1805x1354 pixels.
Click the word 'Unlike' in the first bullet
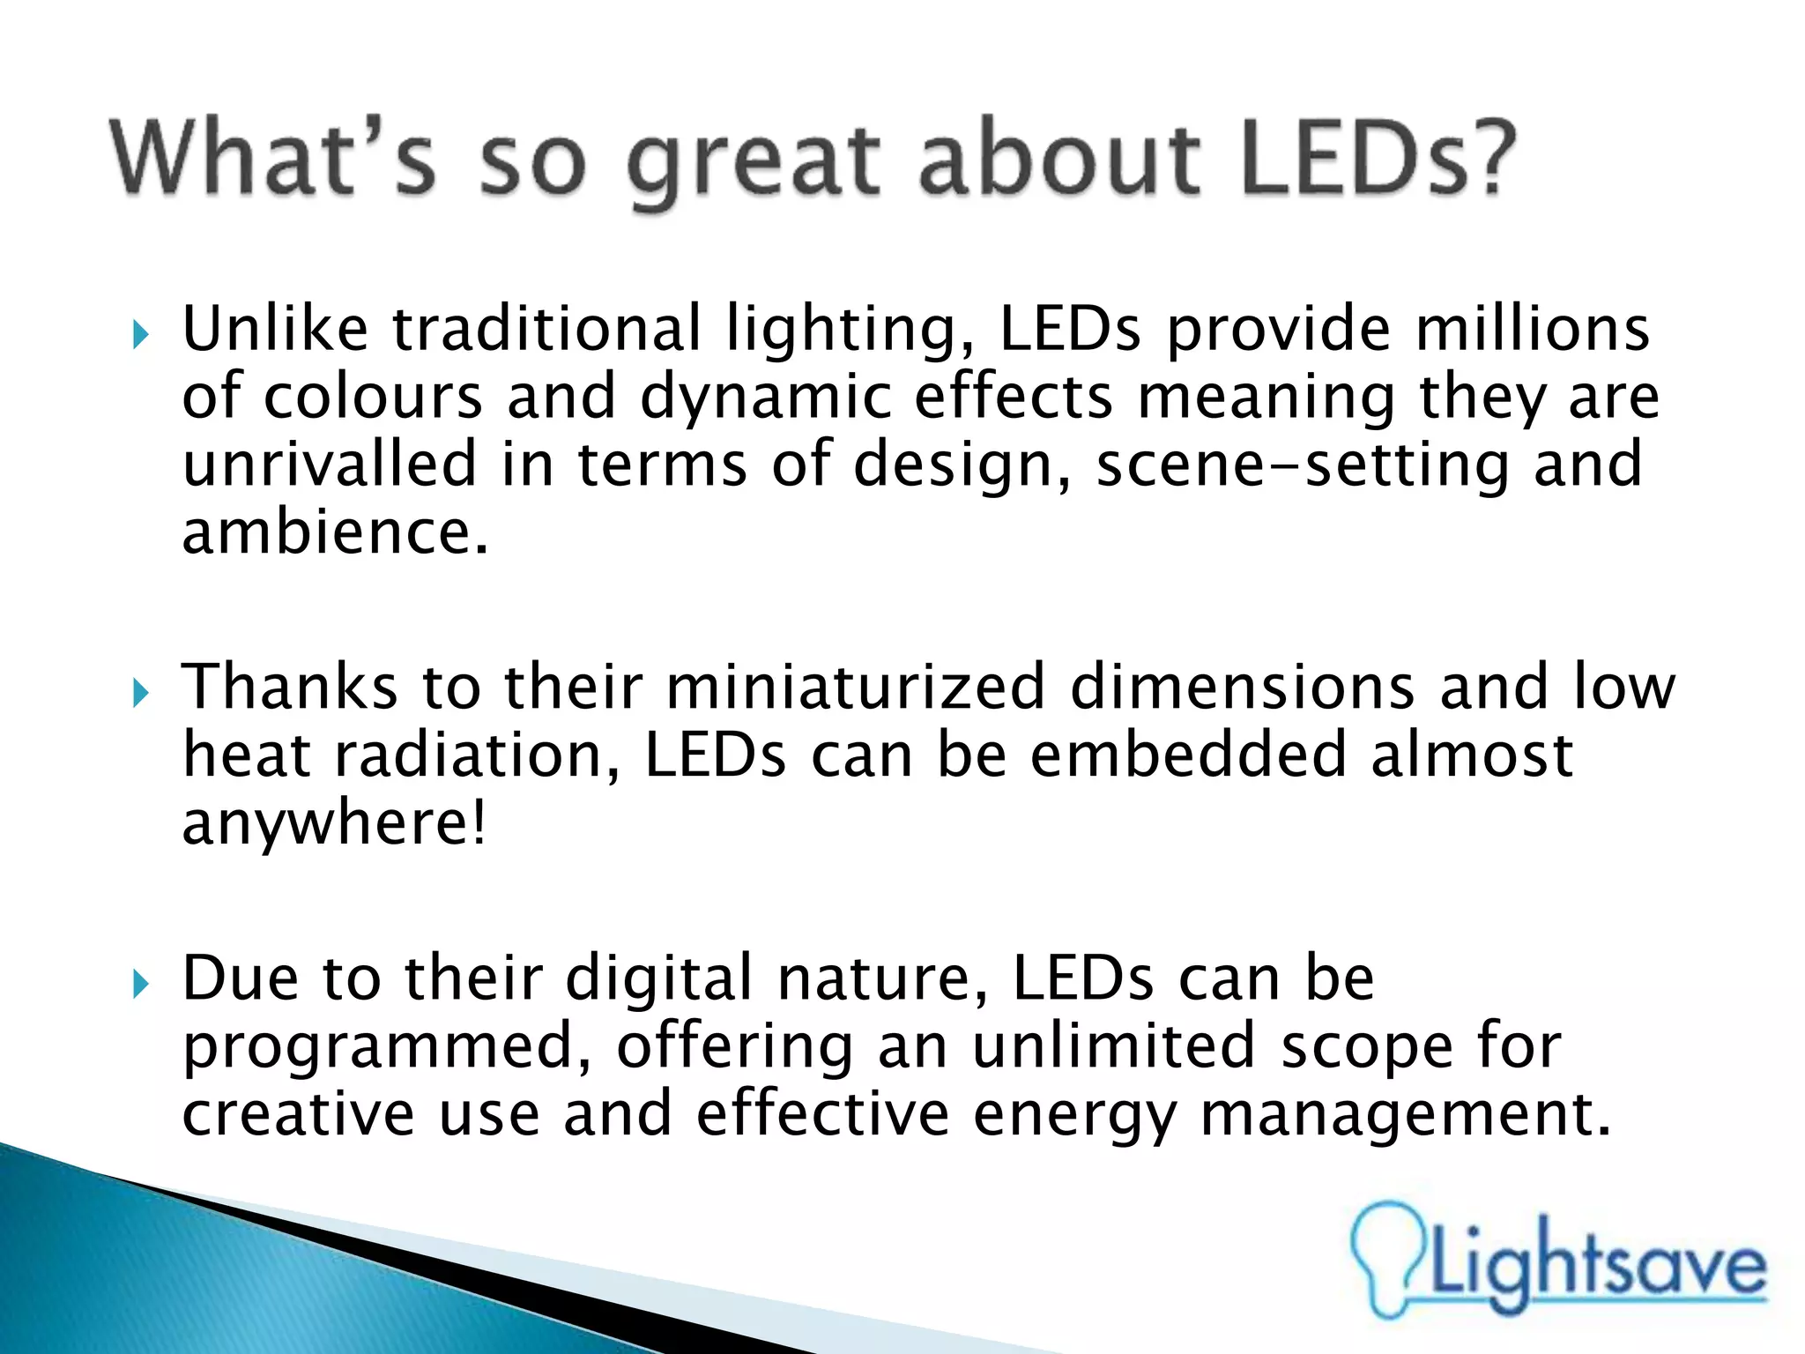[x=275, y=329]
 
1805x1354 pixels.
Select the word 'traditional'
[x=546, y=329]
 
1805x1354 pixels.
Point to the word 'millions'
[x=1532, y=329]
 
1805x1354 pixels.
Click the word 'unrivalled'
[x=330, y=465]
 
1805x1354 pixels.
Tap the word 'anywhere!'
[x=334, y=823]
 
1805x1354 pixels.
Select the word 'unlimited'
[x=1114, y=1046]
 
